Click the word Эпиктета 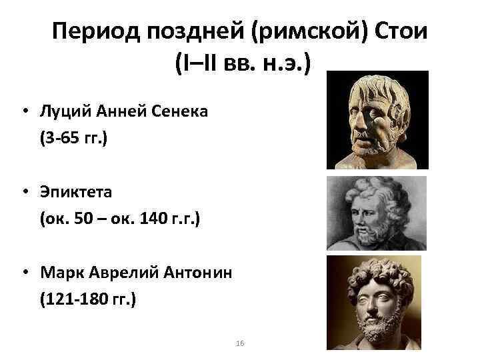coord(75,192)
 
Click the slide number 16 coord(241,343)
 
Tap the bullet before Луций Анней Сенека coord(23,111)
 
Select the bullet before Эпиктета coord(23,193)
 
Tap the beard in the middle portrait coord(366,233)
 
